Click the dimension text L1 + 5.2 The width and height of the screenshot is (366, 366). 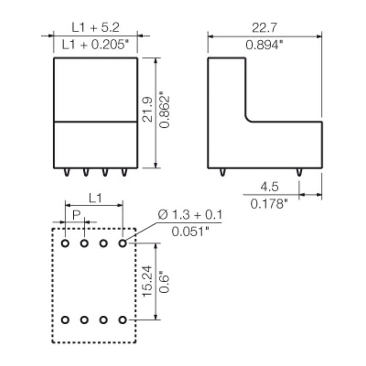click(96, 27)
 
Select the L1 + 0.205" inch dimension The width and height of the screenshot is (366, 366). click(96, 45)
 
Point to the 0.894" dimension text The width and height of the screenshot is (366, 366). click(264, 45)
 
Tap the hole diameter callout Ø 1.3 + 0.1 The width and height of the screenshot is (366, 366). click(190, 215)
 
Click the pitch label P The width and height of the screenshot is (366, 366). click(76, 214)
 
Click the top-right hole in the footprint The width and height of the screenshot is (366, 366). click(122, 243)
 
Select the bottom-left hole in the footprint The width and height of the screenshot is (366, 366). click(65, 319)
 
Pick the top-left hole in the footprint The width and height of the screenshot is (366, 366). click(65, 243)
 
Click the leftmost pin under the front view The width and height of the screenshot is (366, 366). click(67, 172)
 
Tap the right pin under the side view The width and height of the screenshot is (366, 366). click(299, 172)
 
